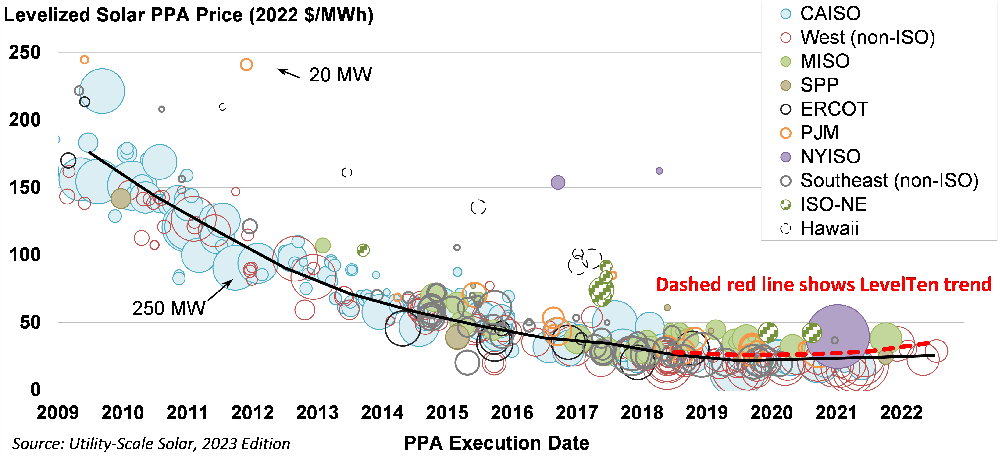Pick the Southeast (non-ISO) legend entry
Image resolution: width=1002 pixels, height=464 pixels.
pos(889,181)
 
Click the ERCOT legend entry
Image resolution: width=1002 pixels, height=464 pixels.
pos(834,109)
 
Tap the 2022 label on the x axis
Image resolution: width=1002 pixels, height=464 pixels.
pos(901,413)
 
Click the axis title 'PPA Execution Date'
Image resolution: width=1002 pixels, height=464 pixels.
pos(496,443)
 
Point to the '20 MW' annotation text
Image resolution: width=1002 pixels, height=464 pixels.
pos(340,75)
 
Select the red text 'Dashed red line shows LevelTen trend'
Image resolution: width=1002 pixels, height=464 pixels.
pos(824,285)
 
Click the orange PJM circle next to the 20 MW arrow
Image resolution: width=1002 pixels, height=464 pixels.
pos(246,64)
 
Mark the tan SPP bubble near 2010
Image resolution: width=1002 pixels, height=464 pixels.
pos(121,199)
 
